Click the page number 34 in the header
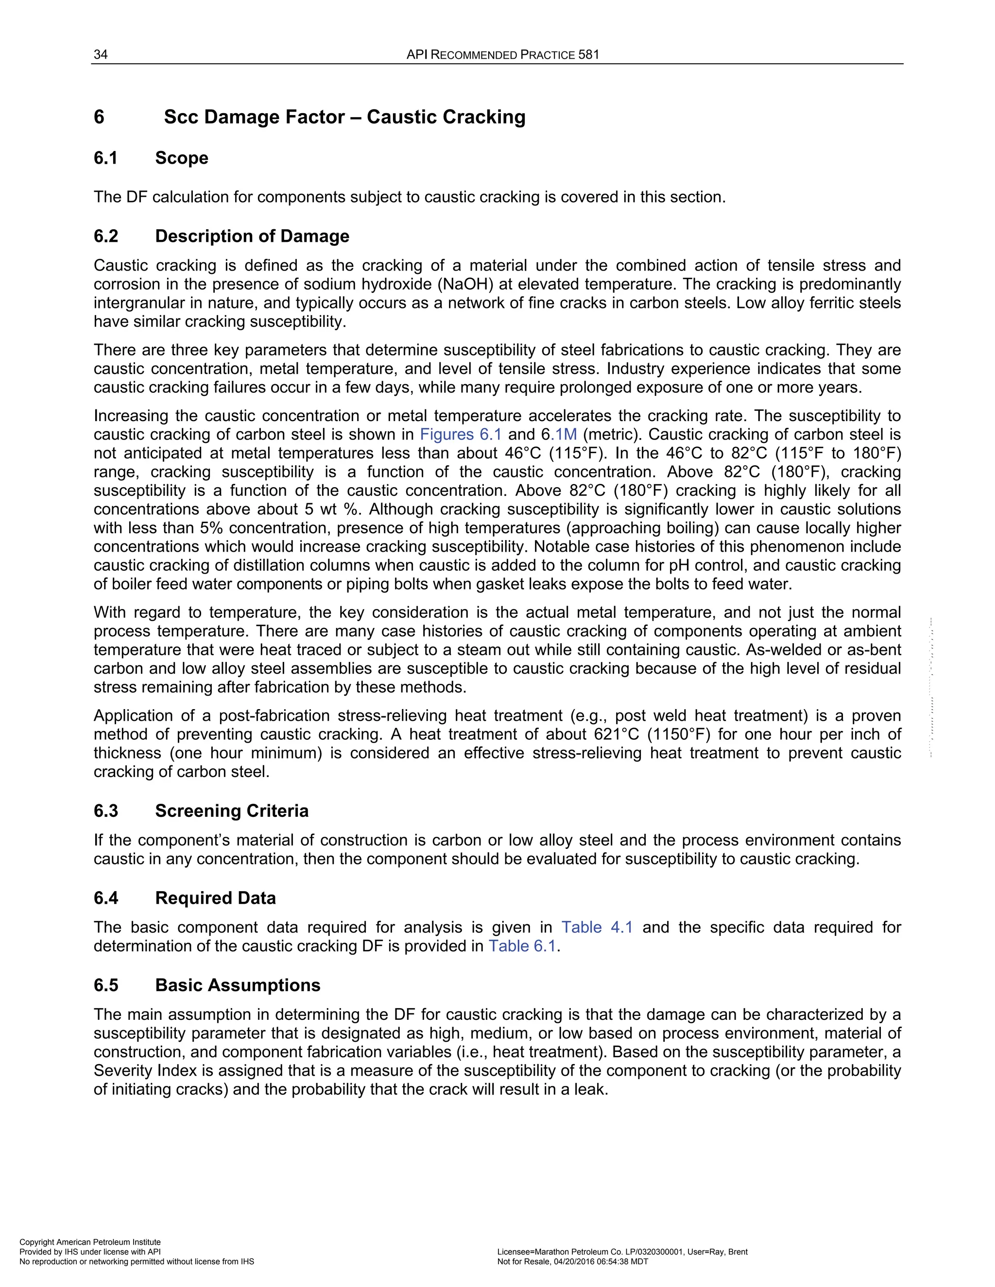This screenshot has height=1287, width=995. coord(101,55)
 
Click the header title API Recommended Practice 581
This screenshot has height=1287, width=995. coord(502,55)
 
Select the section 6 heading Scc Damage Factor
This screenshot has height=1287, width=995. coord(344,117)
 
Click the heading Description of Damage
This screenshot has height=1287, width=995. coord(252,237)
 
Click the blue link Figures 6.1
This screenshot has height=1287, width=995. coord(461,434)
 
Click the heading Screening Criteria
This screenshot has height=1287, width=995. coord(232,811)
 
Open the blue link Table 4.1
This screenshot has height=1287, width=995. coord(597,927)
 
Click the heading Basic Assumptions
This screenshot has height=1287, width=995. coord(238,985)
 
